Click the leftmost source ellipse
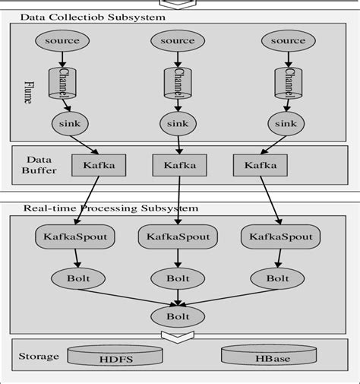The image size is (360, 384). [62, 40]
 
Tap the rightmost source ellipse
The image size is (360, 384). [288, 40]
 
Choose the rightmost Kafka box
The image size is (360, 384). [255, 164]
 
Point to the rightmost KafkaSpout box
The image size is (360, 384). [281, 237]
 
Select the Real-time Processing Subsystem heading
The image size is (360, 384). [110, 208]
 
